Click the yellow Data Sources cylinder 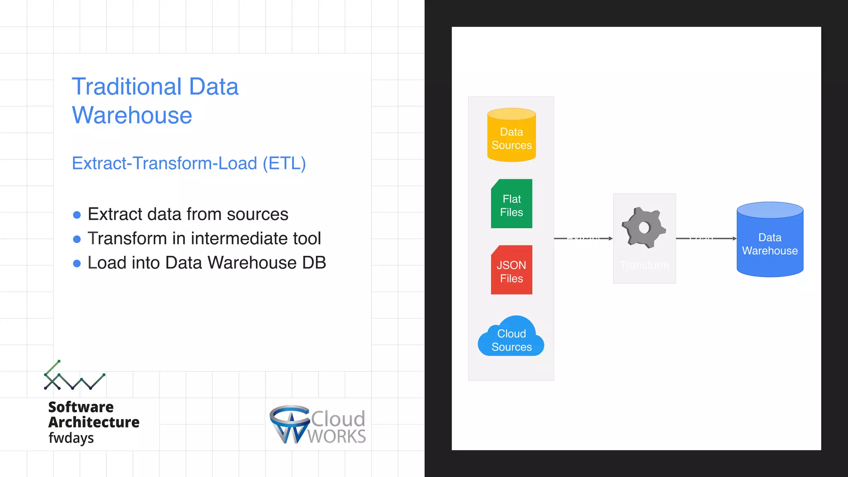click(511, 135)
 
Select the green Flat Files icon click(511, 204)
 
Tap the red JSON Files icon click(511, 270)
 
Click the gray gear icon click(644, 227)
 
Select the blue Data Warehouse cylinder click(770, 240)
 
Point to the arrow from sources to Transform click(583, 238)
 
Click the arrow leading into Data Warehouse click(706, 238)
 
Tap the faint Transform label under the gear click(644, 265)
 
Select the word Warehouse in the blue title click(132, 115)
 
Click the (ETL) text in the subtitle click(284, 163)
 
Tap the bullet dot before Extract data click(77, 215)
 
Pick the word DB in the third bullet click(314, 263)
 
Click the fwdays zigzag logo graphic click(75, 376)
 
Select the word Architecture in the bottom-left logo click(94, 422)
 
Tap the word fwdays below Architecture click(71, 438)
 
